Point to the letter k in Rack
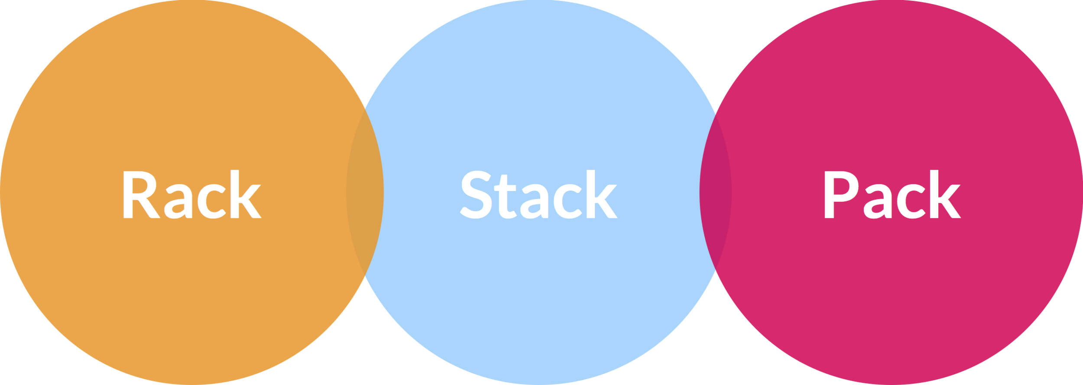click(243, 194)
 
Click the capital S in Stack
click(476, 194)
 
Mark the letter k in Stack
click(600, 194)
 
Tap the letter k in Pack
click(943, 194)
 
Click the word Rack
click(192, 194)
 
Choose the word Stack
click(538, 194)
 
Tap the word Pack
click(892, 194)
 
